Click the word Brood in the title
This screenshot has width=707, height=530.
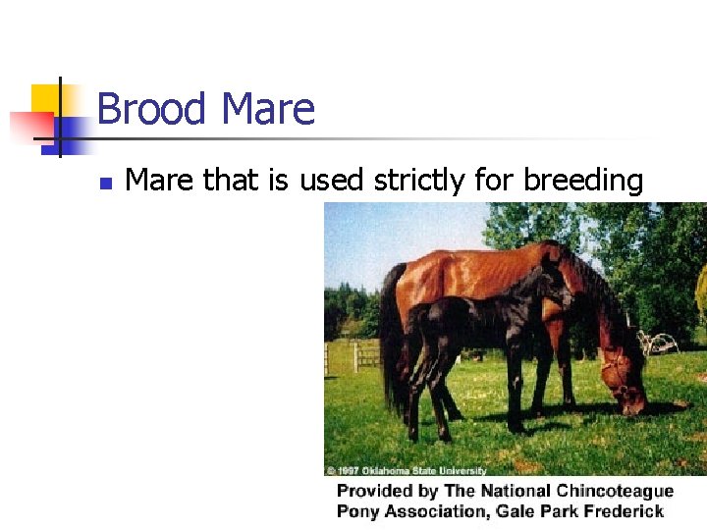(152, 109)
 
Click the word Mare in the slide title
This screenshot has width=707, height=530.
(268, 109)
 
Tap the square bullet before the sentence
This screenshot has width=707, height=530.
(107, 183)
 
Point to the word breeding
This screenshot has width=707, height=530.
(583, 182)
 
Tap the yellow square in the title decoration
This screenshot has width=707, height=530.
(45, 98)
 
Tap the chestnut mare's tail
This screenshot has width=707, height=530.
(393, 334)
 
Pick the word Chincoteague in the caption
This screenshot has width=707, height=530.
(614, 491)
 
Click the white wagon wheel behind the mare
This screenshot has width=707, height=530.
(661, 344)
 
